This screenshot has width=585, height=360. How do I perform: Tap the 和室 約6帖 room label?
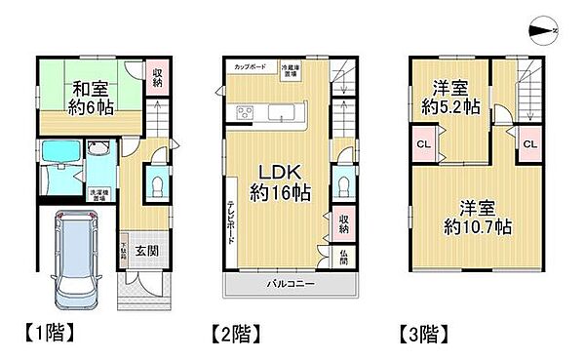point(92,98)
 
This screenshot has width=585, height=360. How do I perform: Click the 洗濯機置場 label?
point(99,194)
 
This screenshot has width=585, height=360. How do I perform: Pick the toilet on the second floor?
point(341,185)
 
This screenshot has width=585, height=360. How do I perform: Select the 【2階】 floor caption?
point(236,333)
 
